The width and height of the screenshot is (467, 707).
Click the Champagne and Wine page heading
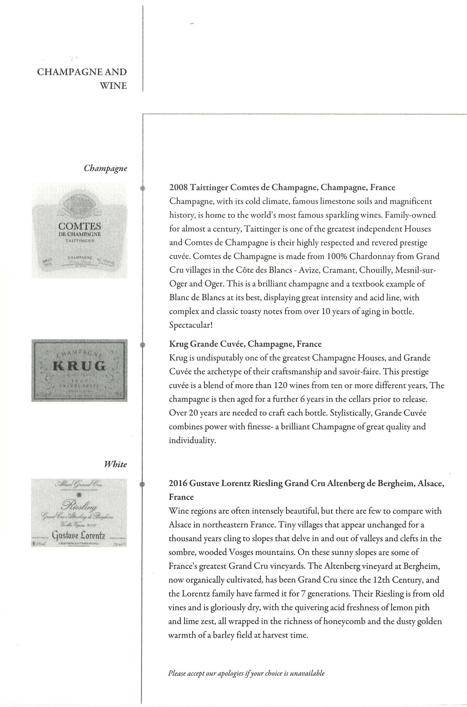[82, 79]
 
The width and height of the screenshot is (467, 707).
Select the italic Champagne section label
[105, 168]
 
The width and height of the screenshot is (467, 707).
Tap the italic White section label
[115, 464]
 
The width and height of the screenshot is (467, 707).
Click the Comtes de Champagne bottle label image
[80, 230]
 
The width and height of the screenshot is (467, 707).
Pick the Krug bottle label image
[80, 370]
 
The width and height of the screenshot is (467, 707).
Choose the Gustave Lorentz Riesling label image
[79, 513]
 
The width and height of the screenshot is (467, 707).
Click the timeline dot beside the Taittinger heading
[143, 188]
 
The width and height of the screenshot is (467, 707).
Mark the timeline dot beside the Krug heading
[143, 345]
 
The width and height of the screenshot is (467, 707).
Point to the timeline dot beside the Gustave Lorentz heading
[142, 484]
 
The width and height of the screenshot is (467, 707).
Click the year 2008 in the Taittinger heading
[178, 187]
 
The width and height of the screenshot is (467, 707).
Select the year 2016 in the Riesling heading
[178, 484]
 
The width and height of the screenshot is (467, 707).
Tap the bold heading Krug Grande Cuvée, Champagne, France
[245, 344]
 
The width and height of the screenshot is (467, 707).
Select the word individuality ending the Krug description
[192, 441]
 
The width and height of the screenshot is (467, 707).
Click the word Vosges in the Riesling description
[235, 552]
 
